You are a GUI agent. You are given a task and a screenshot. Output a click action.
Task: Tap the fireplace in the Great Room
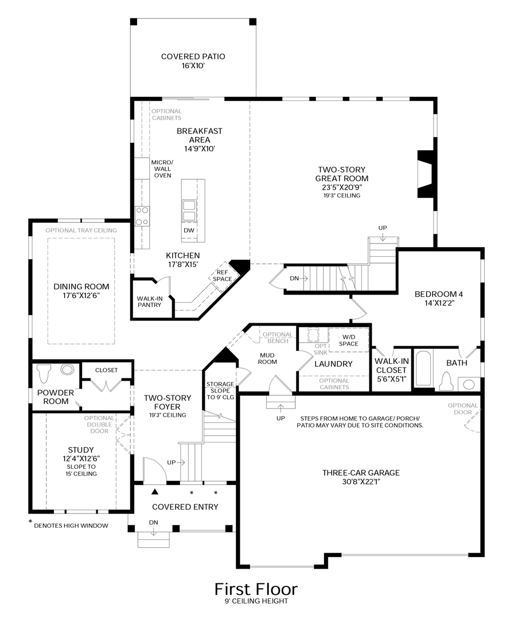coord(426,174)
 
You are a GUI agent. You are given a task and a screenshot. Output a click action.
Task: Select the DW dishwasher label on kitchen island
coord(189,230)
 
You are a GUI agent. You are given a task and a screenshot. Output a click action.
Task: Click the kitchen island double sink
coord(189,210)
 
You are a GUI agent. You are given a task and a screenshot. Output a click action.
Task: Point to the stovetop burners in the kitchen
coord(142,216)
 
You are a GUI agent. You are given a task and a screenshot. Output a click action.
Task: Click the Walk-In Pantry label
coord(149,301)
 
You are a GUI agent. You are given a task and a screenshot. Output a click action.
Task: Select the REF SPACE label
coord(223,276)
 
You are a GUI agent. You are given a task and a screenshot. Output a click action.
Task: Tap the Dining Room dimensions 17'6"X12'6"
coord(81,296)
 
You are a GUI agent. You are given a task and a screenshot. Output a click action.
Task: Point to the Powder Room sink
coord(68,370)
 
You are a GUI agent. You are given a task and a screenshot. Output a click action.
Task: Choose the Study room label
coord(81,450)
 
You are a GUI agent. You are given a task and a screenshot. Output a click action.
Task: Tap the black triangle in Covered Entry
coord(155,492)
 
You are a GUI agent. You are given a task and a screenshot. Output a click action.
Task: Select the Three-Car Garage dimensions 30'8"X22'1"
coord(361,481)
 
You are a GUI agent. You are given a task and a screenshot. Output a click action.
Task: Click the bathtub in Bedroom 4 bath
coord(423,368)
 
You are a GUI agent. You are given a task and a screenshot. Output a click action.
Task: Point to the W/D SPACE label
coord(348,340)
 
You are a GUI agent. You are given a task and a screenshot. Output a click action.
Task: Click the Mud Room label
coord(267,358)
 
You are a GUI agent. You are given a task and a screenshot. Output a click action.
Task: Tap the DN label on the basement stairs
coord(294,279)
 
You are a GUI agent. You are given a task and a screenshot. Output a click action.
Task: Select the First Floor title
coord(256,589)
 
